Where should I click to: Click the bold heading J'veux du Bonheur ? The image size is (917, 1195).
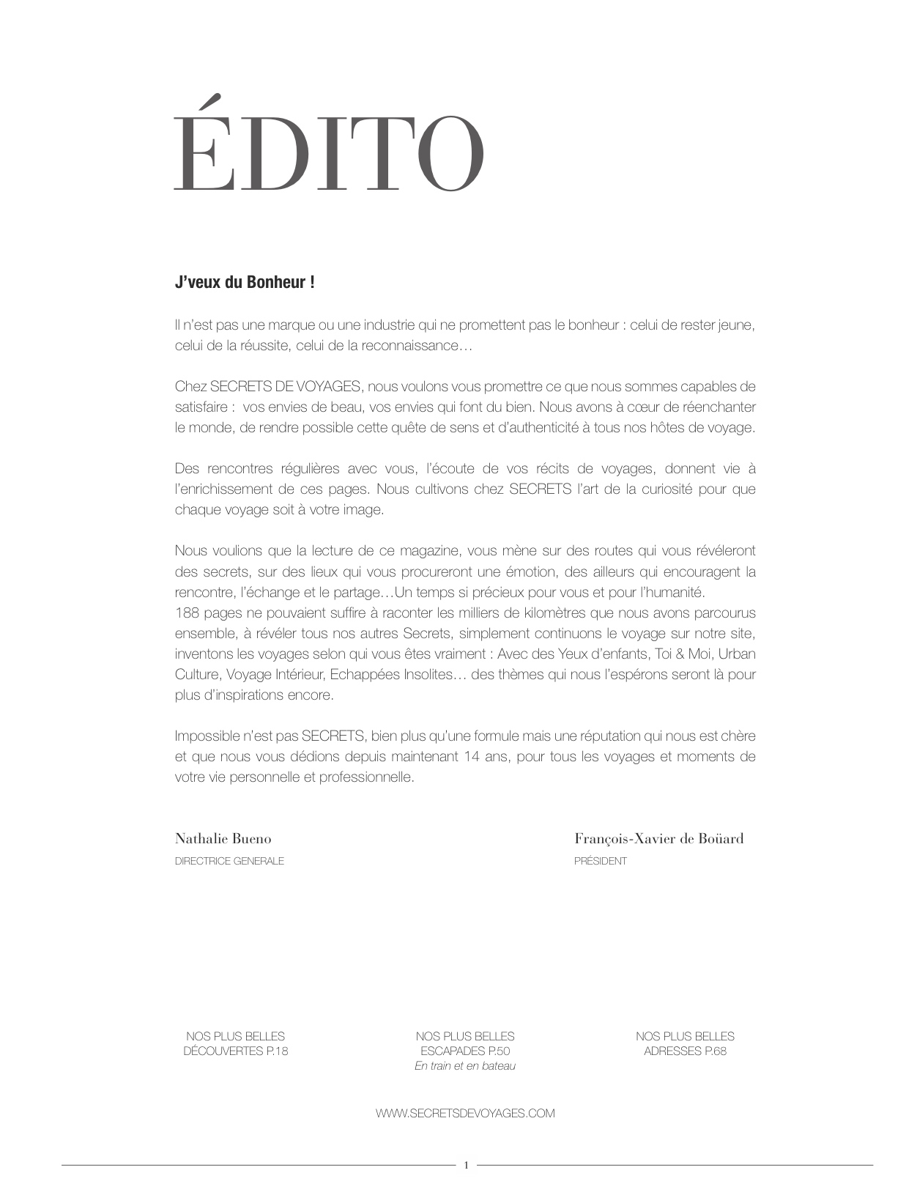pos(245,282)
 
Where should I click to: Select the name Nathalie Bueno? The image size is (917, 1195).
pos(223,839)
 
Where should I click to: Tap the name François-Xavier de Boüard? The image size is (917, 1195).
pos(658,839)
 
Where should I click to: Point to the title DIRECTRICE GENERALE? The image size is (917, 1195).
pos(229,861)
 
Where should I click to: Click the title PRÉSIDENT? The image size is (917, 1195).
pos(600,861)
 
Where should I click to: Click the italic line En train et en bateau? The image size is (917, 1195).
pos(465,1066)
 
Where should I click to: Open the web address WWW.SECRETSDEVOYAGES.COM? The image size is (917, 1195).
pos(465,1113)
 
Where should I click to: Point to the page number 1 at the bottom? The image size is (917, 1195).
pos(466,1165)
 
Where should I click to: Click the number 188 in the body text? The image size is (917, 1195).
pos(187,613)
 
